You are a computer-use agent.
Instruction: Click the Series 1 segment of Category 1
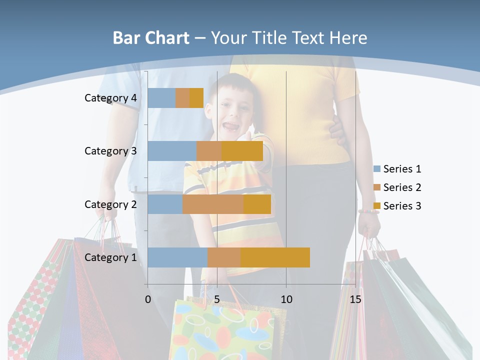pyautogui.click(x=177, y=257)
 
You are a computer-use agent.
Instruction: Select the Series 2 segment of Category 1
pyautogui.click(x=224, y=257)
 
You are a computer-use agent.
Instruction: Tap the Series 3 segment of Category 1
pyautogui.click(x=275, y=257)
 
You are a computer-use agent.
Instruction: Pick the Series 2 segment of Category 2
pyautogui.click(x=213, y=204)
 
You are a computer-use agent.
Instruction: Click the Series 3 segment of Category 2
pyautogui.click(x=257, y=204)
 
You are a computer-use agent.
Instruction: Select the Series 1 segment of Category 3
pyautogui.click(x=172, y=151)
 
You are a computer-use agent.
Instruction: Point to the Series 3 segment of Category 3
pyautogui.click(x=242, y=151)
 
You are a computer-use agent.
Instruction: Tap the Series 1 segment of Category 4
pyautogui.click(x=161, y=98)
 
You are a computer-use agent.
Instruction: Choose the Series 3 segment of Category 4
pyautogui.click(x=196, y=98)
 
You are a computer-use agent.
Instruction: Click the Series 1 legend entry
pyautogui.click(x=397, y=169)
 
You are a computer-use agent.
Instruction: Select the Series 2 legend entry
pyautogui.click(x=397, y=187)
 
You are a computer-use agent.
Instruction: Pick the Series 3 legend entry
pyautogui.click(x=397, y=206)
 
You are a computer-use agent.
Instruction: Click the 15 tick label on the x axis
pyautogui.click(x=355, y=299)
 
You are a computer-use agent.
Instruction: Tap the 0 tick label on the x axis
pyautogui.click(x=148, y=299)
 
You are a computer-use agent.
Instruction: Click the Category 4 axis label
pyautogui.click(x=110, y=98)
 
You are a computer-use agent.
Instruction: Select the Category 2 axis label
pyautogui.click(x=110, y=204)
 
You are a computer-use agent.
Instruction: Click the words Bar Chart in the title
pyautogui.click(x=151, y=38)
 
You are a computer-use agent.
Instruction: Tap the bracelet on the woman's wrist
pyautogui.click(x=368, y=211)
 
